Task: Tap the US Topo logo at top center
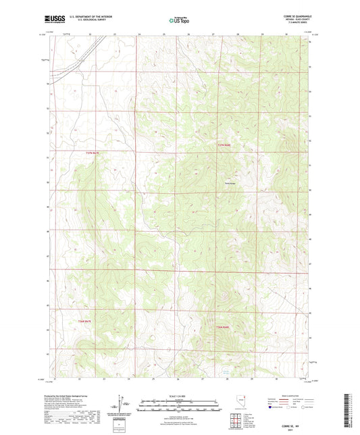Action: point(176,21)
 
